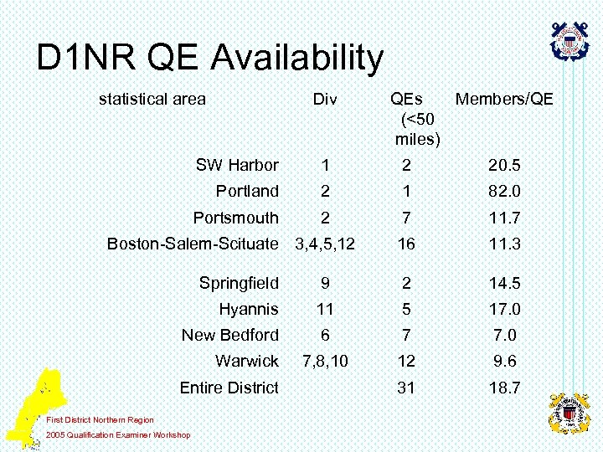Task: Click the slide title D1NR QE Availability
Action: coord(210,58)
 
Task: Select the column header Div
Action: coord(325,100)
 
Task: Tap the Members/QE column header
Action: coord(503,100)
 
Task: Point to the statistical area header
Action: coord(152,100)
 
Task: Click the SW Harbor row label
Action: coord(237,166)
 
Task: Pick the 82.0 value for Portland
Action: coord(503,192)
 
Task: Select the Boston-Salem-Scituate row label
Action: coord(193,244)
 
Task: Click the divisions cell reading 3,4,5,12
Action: coord(325,244)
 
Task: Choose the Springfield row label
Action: coord(239,283)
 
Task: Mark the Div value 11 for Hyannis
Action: coord(325,310)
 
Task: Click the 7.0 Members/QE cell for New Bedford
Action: coord(503,336)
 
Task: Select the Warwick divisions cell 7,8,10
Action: coord(325,362)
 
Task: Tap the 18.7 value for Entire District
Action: coord(503,388)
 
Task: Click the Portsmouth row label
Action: coord(235,218)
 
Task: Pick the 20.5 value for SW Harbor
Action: coord(503,166)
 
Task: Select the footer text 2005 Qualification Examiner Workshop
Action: coord(118,434)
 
